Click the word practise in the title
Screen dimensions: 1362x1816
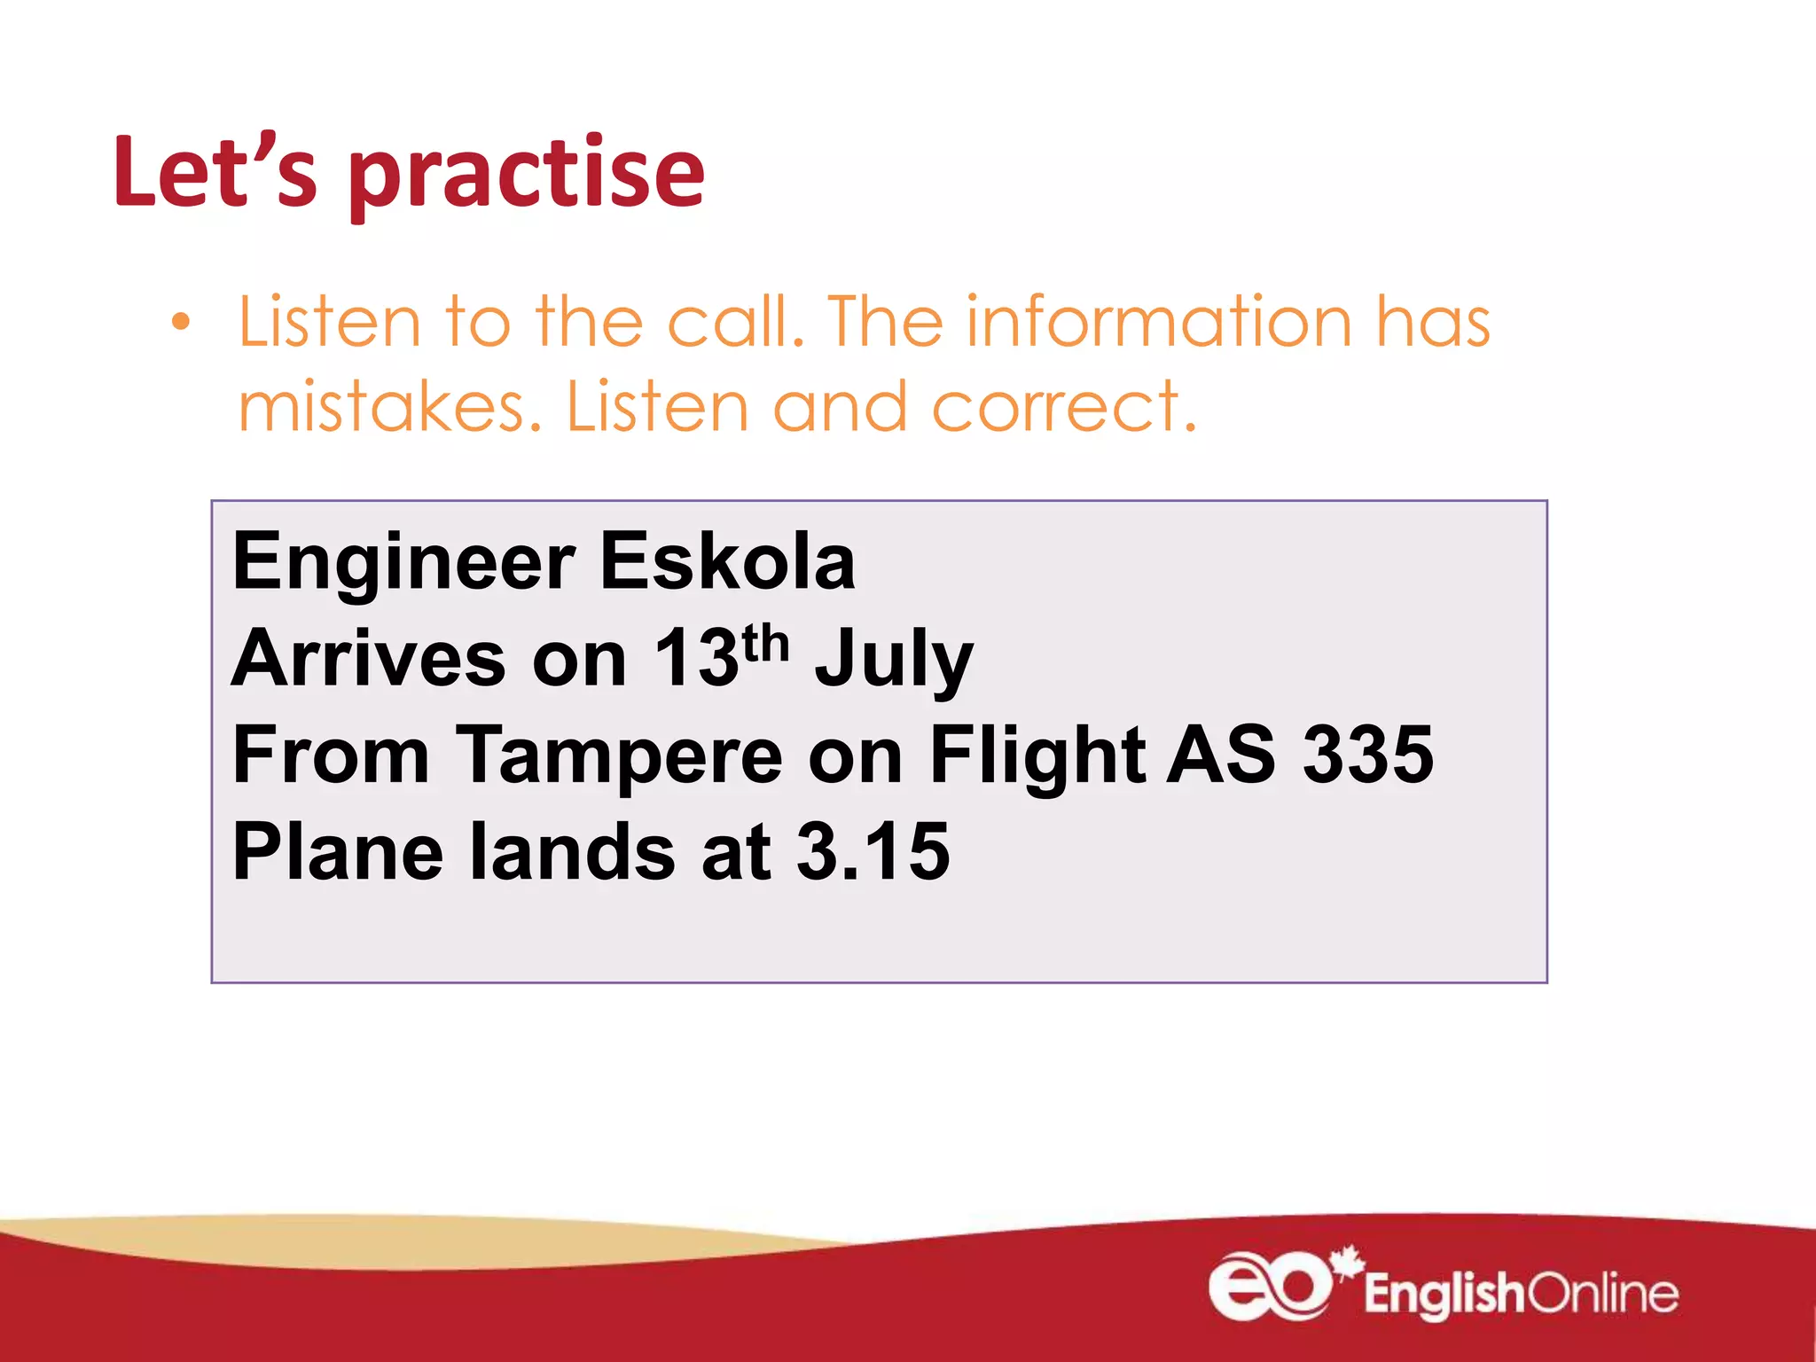coord(527,174)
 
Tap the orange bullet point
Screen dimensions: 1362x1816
coord(181,323)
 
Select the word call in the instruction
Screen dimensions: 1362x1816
coord(735,321)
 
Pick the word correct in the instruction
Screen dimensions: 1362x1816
coord(1064,408)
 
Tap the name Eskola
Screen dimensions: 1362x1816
coord(727,562)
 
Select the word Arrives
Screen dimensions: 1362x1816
coord(368,659)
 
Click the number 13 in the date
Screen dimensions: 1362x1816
coord(696,659)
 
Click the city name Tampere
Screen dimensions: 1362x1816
coord(619,755)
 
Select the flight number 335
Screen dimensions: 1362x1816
coord(1367,755)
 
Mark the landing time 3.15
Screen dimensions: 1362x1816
coord(873,852)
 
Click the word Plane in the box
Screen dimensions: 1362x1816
coord(338,852)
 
